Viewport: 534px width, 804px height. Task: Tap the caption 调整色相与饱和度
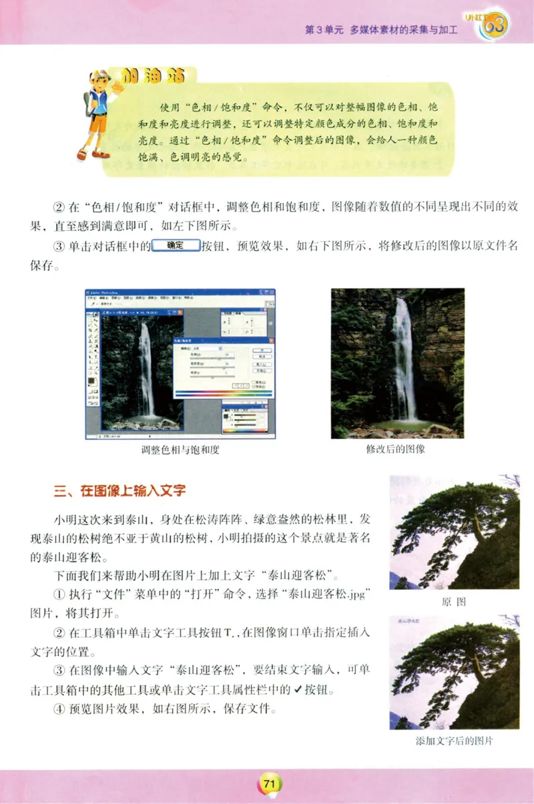coord(180,450)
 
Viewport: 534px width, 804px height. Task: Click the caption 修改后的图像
coord(395,449)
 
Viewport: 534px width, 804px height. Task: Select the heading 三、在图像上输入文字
coord(119,492)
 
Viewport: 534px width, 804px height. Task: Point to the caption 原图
coord(454,601)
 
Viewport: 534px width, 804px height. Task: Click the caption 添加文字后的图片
coord(454,741)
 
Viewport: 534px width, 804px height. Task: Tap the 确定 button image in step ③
coord(176,245)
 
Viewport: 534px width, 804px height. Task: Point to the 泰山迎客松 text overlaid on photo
coord(409,621)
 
